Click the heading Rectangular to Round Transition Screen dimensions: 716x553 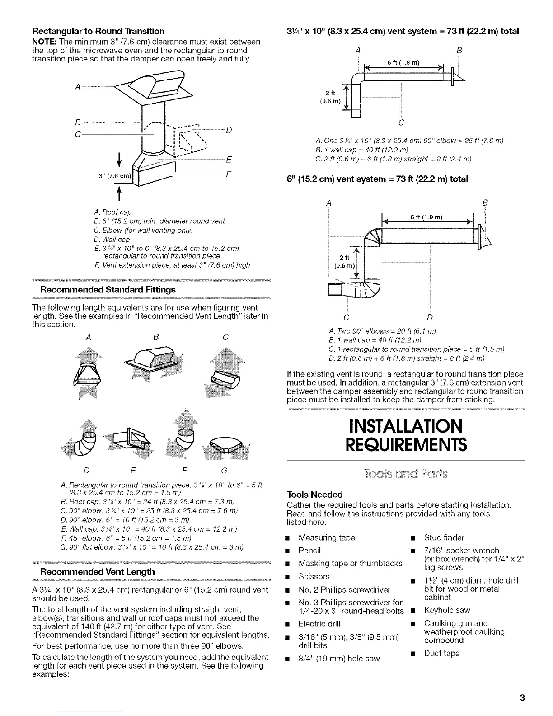(x=98, y=31)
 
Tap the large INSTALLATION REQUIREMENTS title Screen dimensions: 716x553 (x=405, y=435)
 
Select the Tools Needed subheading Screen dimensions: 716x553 (x=315, y=495)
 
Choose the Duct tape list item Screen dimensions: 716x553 (x=441, y=653)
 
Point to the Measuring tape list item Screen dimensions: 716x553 (x=327, y=537)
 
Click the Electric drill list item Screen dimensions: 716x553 (x=323, y=624)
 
